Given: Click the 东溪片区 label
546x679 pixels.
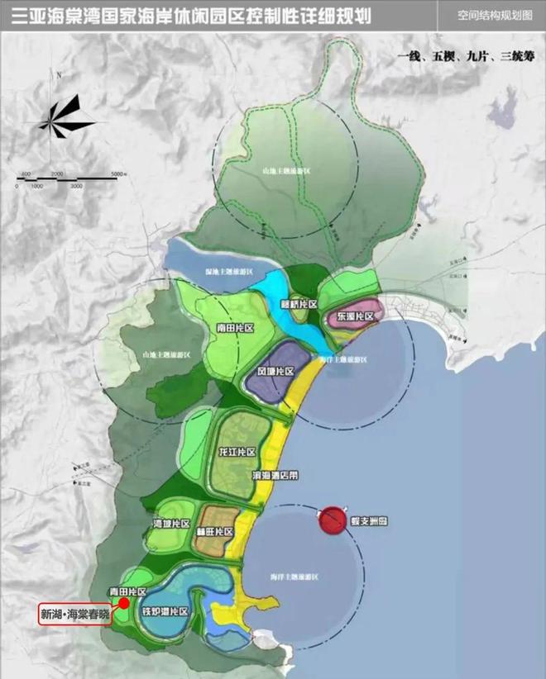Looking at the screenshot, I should point(356,316).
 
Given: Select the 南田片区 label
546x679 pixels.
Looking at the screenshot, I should point(234,328).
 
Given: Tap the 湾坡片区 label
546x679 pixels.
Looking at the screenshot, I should point(171,525).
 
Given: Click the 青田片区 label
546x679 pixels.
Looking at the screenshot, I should point(128,592).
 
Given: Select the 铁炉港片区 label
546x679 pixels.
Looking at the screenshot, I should point(165,612).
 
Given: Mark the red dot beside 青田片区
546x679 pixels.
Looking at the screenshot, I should point(123,604).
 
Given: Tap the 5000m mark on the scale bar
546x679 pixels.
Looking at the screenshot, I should point(117,173).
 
